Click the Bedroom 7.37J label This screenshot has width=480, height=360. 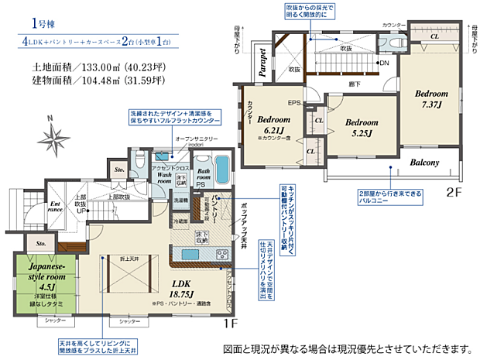click(x=430, y=98)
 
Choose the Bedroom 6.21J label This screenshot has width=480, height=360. click(x=273, y=126)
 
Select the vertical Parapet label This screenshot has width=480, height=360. click(x=263, y=62)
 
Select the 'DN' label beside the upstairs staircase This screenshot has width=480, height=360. click(x=383, y=63)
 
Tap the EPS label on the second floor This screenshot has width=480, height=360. click(x=294, y=102)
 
